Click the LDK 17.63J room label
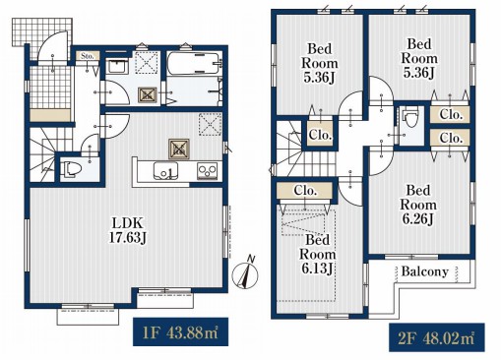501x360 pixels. coord(127,230)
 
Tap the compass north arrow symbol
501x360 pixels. coord(245,271)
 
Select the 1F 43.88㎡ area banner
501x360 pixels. coord(180,332)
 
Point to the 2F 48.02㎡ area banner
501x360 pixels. coord(437,337)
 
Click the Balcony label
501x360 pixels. coord(424,271)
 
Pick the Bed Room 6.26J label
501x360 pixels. coord(418,205)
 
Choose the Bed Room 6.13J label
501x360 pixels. coord(317,255)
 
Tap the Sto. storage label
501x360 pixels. coord(88,56)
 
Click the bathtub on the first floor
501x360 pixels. coord(194,64)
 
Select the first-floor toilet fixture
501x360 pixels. coord(72,169)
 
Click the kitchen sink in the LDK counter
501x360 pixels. coord(165,170)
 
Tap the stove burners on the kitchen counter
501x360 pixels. coord(208,171)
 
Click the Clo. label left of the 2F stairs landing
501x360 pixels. coord(320,135)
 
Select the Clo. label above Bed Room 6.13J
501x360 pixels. coord(305,190)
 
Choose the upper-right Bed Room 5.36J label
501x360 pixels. coord(419,58)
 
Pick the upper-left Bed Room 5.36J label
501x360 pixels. coord(319,63)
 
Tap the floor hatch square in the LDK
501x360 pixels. coord(179,150)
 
